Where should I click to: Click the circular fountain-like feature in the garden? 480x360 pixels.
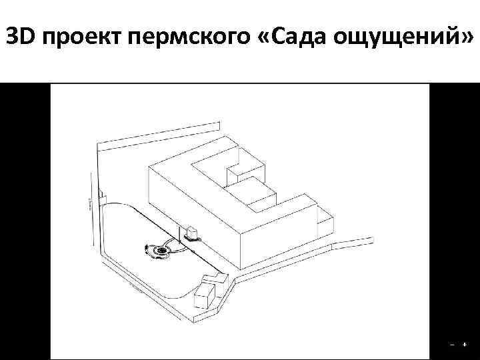click(x=161, y=251)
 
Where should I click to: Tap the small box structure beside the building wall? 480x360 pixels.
click(x=193, y=231)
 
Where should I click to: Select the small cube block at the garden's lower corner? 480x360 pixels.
click(x=206, y=294)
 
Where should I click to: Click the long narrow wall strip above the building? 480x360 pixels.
click(x=159, y=133)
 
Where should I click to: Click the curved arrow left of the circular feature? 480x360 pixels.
click(x=145, y=250)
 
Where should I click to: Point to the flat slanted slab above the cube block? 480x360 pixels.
click(x=214, y=276)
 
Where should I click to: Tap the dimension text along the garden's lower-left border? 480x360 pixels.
click(x=133, y=287)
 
